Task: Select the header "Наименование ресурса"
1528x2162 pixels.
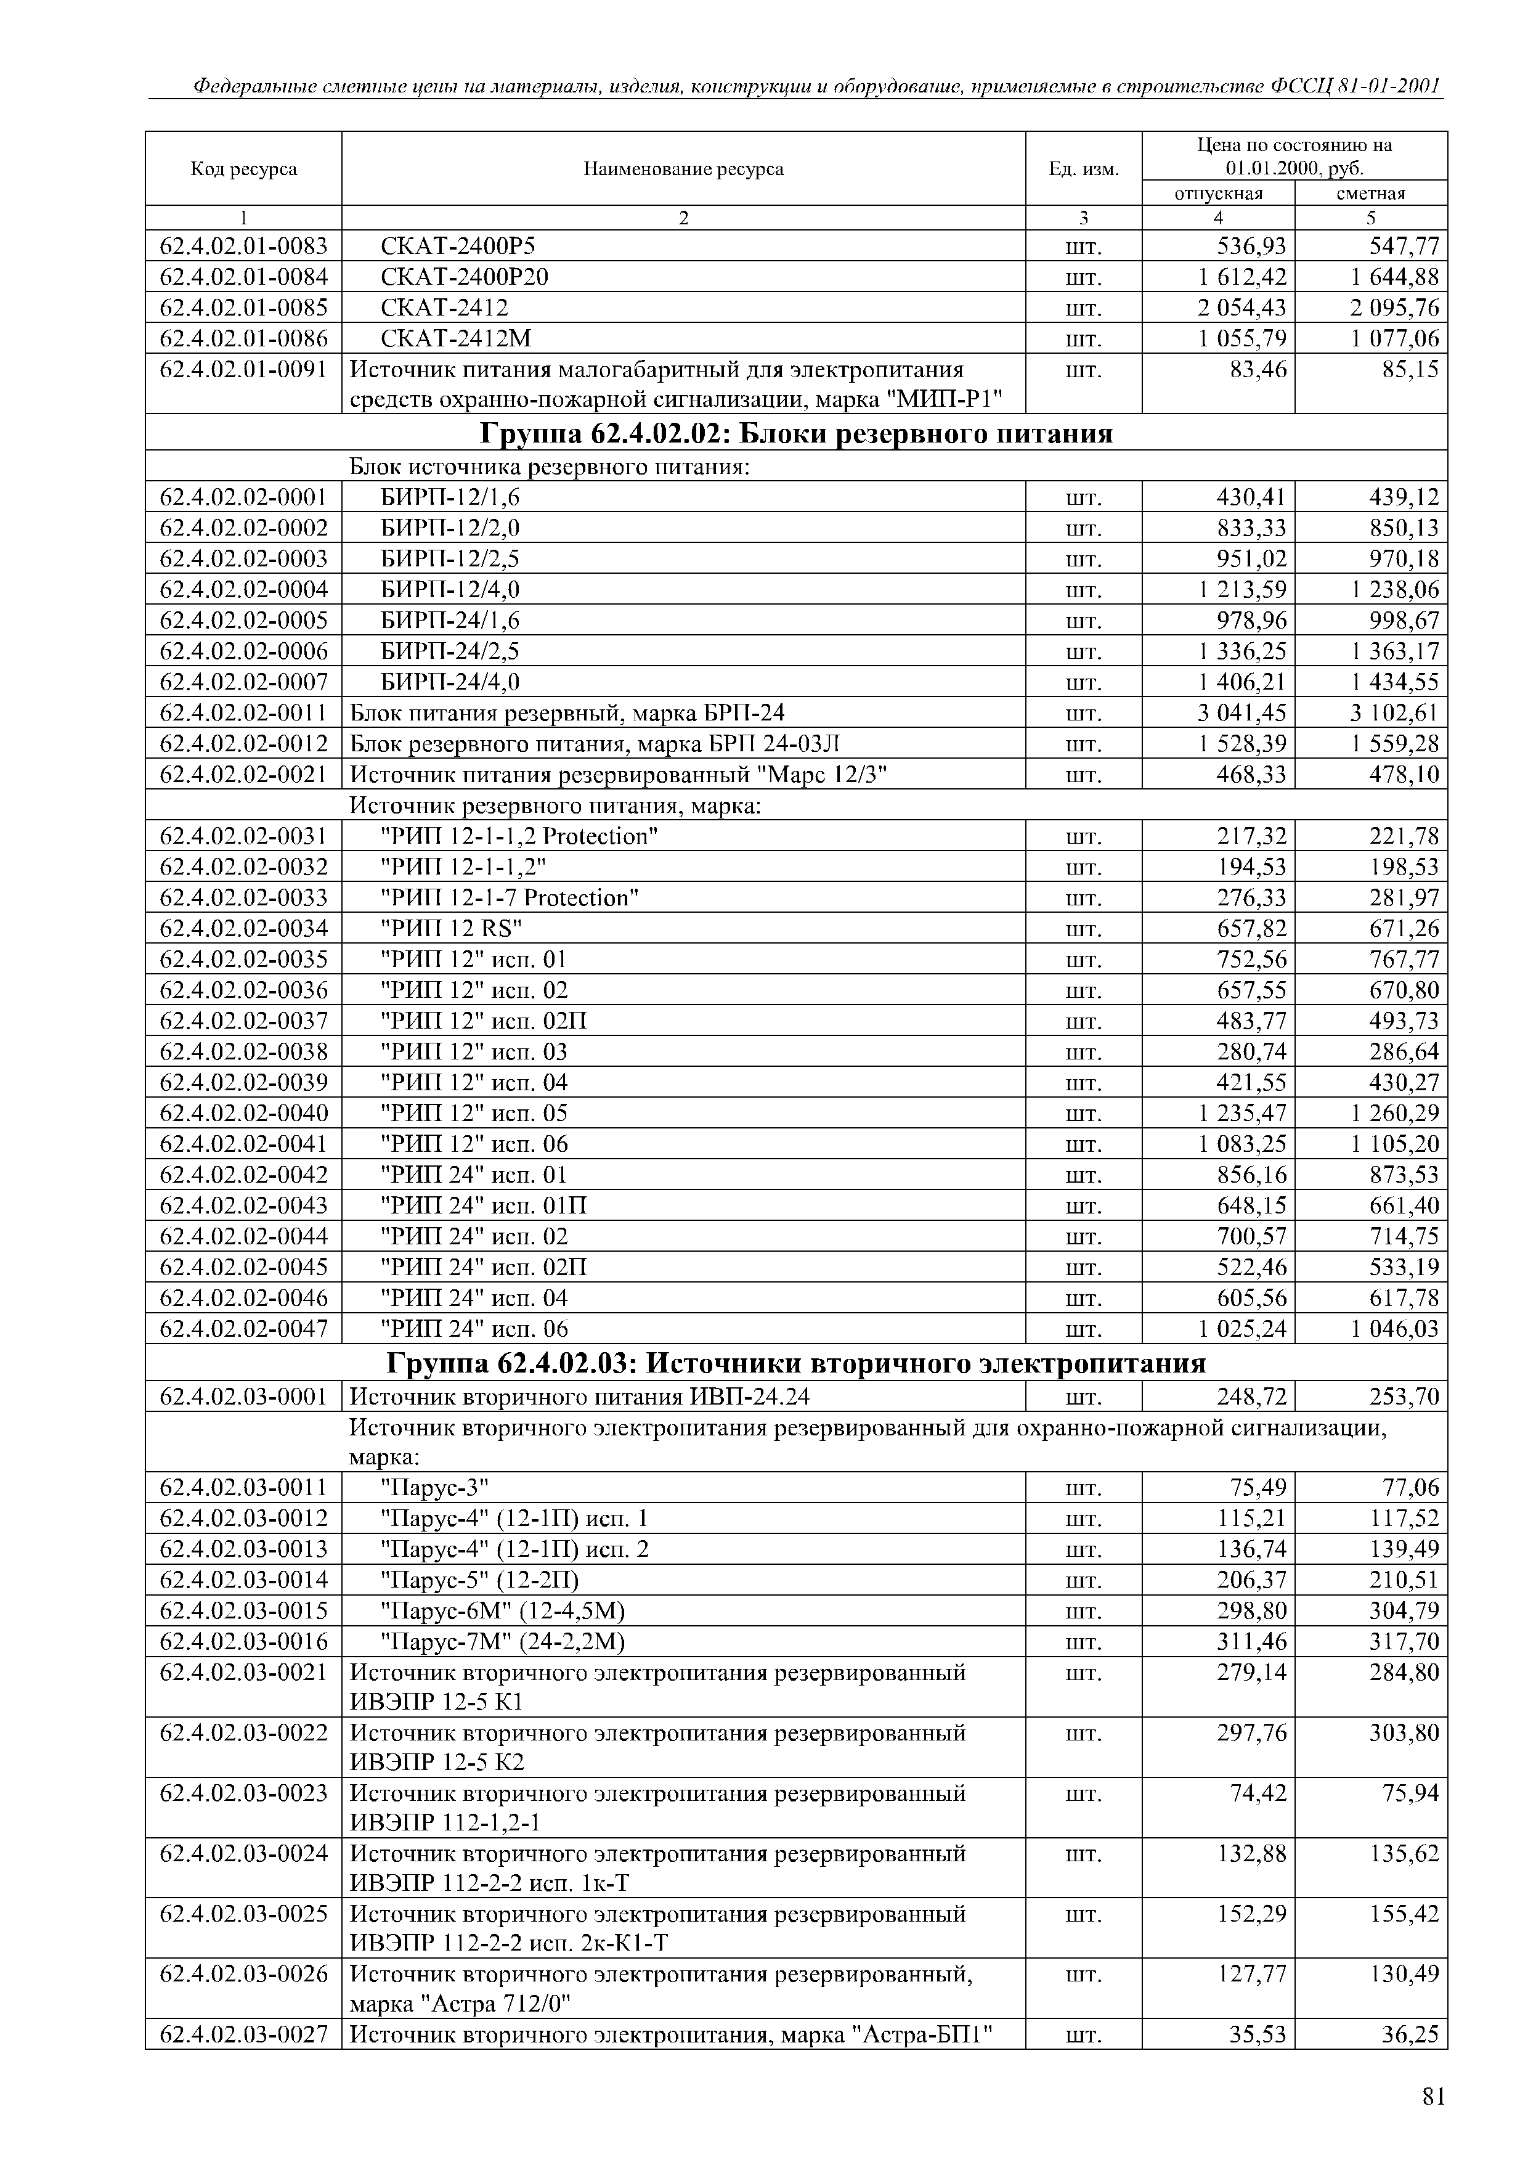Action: tap(683, 169)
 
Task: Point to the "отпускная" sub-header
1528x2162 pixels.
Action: tap(1218, 194)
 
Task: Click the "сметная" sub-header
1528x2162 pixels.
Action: tap(1371, 194)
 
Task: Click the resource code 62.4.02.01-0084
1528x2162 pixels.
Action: tap(244, 277)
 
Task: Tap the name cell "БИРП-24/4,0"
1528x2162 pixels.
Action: tap(449, 682)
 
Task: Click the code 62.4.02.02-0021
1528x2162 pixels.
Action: tap(244, 775)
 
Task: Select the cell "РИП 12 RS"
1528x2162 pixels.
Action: tap(451, 928)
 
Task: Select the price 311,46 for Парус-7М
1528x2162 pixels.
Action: tap(1251, 1642)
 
